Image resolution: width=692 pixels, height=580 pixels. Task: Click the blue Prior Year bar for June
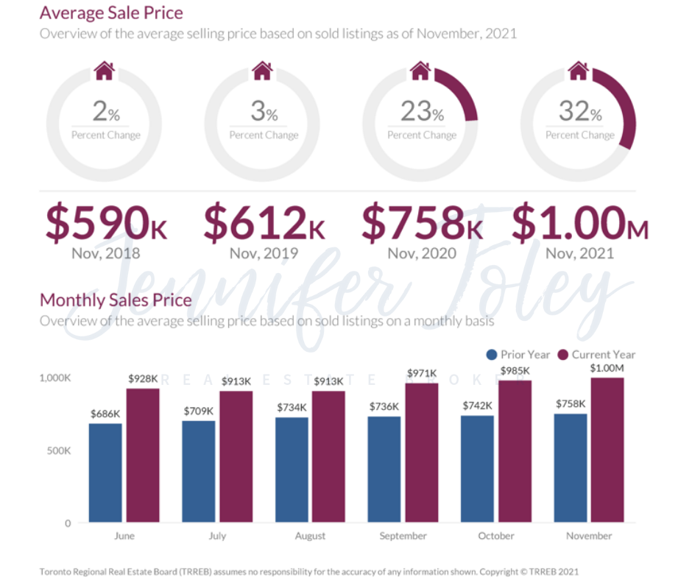(105, 473)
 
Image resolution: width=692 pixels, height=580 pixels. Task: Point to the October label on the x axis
(495, 536)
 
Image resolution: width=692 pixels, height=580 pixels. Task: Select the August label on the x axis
(310, 536)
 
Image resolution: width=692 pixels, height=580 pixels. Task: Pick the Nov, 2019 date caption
(264, 254)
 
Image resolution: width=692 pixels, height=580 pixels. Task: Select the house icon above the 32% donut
(579, 71)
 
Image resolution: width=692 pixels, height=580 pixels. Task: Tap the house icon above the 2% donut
(105, 71)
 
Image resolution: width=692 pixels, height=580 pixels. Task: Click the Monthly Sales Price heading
(116, 300)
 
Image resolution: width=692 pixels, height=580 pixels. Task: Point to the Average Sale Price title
(111, 13)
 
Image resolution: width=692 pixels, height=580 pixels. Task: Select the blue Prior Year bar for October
(477, 469)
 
